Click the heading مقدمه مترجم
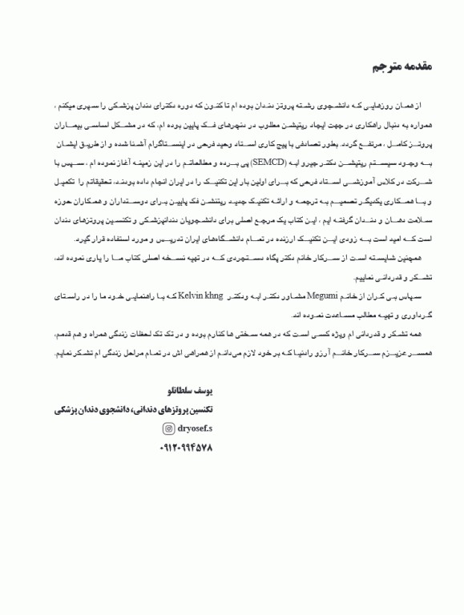(401, 66)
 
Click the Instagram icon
(169, 428)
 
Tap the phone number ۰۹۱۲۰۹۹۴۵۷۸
(187, 448)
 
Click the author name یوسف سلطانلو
(188, 392)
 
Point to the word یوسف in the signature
(204, 392)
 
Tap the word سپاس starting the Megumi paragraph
(422, 296)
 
